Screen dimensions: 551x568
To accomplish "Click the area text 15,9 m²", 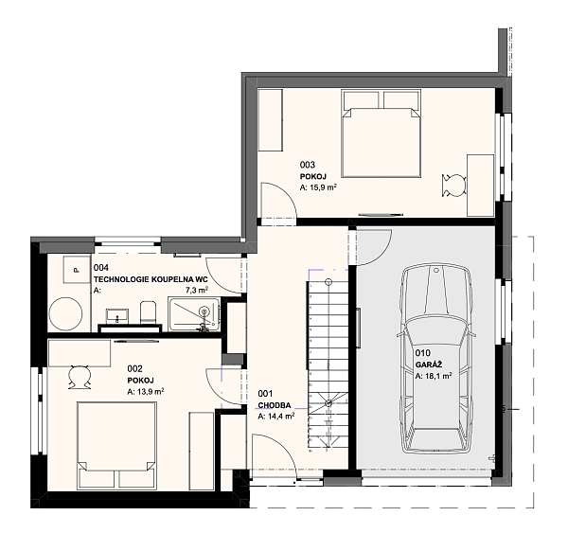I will click(x=319, y=188).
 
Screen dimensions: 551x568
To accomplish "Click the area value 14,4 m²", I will click(x=276, y=416).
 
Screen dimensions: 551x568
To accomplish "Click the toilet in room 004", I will click(x=148, y=311).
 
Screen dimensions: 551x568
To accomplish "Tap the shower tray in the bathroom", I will click(x=193, y=313).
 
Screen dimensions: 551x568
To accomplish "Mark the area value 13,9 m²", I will click(x=147, y=390).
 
